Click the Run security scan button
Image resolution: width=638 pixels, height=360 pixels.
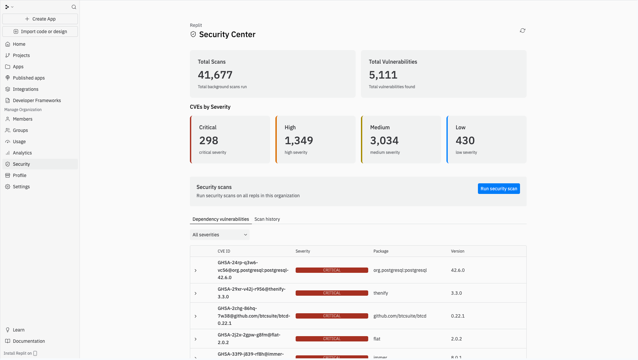498,189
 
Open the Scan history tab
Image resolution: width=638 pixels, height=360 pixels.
267,219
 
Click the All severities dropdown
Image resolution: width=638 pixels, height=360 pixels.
219,235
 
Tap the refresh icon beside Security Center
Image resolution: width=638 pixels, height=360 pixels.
522,30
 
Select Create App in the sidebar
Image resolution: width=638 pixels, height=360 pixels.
40,19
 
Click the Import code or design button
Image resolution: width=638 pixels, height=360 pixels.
40,31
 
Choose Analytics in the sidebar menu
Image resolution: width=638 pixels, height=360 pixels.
22,153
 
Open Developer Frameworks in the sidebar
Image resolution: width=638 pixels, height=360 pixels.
37,100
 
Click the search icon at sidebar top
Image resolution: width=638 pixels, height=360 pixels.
74,7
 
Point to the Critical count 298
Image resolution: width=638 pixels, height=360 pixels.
208,141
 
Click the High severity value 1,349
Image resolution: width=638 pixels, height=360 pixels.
299,141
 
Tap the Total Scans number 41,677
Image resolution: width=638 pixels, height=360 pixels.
215,75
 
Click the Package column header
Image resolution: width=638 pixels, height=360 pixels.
380,251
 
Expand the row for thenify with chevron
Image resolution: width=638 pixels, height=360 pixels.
196,293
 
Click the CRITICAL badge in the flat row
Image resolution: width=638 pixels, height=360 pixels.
331,339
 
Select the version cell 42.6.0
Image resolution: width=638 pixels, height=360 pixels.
457,270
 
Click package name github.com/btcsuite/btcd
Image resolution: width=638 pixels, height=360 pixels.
400,316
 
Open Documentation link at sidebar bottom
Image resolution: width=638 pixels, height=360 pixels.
29,341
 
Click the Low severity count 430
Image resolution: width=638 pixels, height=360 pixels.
465,141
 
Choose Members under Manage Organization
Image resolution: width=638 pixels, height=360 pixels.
23,119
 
